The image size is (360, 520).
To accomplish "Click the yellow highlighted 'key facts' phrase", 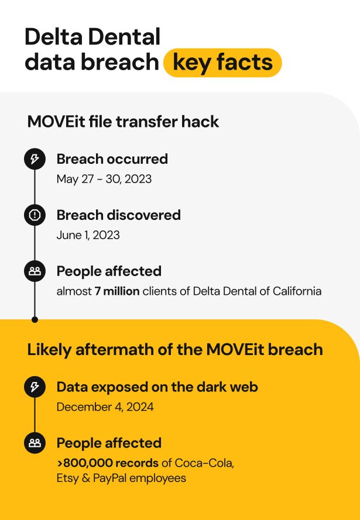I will point(222,63).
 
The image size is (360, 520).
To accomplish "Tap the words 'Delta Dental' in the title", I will point(92,37).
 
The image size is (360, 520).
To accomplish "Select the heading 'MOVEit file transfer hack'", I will point(123,122).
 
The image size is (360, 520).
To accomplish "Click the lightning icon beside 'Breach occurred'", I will point(35,159).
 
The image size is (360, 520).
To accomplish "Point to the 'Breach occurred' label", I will point(112,159).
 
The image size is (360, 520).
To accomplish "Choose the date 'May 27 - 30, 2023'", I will point(104,178).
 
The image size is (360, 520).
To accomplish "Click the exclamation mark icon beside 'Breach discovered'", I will point(35,215).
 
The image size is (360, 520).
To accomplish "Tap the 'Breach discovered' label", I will point(118,215).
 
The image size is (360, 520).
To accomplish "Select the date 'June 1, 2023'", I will point(88,235).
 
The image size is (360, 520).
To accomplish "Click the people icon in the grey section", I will point(35,271).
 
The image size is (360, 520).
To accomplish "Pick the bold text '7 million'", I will point(117,291).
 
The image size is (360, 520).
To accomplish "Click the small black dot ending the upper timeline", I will point(35,319).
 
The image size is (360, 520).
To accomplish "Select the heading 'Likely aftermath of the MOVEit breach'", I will point(175,349).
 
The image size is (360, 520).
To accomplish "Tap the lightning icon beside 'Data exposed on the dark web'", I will point(35,387).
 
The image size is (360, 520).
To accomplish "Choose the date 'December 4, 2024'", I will point(105,406).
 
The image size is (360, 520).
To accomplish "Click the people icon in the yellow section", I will point(35,443).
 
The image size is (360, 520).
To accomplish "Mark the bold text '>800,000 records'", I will point(107,463).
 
